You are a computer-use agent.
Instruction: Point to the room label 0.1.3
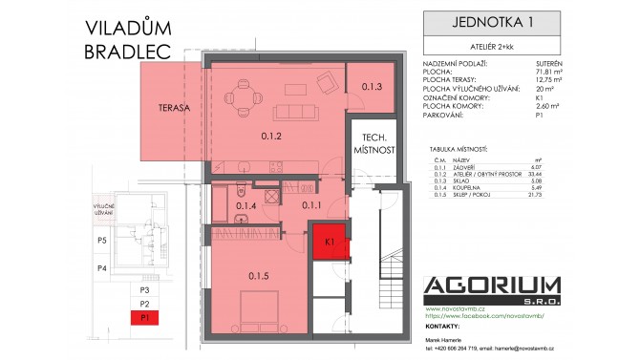click(372, 87)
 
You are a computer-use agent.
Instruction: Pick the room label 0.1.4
click(246, 203)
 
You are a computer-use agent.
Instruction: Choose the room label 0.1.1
click(311, 203)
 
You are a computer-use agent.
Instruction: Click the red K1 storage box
click(329, 243)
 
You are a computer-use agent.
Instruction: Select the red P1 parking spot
click(146, 316)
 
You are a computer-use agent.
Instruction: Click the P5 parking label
click(102, 241)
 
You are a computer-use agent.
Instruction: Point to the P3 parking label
click(146, 289)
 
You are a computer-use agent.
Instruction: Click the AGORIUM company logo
click(491, 287)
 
